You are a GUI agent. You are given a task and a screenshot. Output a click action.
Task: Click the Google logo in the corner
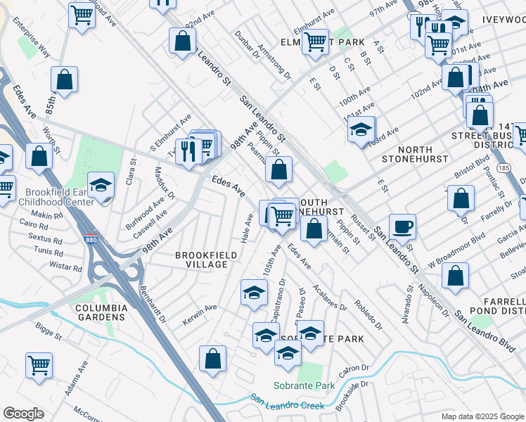pos(23,414)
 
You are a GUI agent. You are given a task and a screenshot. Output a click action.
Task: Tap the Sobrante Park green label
pos(304,386)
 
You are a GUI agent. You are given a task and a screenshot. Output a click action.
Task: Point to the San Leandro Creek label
pos(287,400)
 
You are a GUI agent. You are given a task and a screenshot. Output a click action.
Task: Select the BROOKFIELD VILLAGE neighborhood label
pos(201,260)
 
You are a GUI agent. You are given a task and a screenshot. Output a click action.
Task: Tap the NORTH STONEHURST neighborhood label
pos(413,154)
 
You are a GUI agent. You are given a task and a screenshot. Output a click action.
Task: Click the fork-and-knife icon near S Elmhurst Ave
pos(188,151)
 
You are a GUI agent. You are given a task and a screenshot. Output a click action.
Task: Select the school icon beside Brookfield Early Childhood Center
pos(101,186)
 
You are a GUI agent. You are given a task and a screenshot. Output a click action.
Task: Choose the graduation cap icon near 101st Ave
pos(361,129)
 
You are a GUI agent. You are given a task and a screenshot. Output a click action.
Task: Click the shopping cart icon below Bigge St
pos(39,364)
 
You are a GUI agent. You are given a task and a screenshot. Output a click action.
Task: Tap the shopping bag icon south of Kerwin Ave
pos(212,358)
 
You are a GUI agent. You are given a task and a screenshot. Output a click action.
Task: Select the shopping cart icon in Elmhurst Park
pos(315,41)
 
